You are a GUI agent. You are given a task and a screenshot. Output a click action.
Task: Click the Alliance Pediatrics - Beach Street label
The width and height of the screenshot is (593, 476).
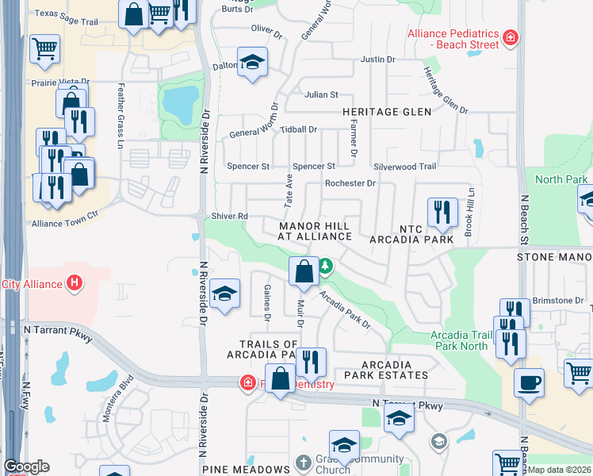453,40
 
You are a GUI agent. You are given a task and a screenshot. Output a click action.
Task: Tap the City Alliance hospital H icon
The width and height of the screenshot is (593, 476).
74,282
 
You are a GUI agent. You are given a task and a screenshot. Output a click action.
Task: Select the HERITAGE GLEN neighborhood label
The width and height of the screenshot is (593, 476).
387,112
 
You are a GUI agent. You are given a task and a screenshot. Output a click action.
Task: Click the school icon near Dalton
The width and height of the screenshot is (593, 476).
252,63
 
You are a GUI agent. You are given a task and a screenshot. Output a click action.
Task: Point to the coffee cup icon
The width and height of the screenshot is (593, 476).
528,382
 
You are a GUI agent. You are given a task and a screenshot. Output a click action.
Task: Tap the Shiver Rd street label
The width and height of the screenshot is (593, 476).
230,216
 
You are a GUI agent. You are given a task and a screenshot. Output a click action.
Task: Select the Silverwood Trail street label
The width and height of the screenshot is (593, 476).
405,167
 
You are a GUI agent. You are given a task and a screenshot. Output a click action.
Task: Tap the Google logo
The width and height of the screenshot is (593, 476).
26,466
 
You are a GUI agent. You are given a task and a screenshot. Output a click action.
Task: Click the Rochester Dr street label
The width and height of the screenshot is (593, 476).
350,183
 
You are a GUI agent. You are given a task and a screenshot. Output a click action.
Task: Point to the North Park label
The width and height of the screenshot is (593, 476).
561,179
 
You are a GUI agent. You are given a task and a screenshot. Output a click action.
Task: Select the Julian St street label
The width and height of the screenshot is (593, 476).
321,94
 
